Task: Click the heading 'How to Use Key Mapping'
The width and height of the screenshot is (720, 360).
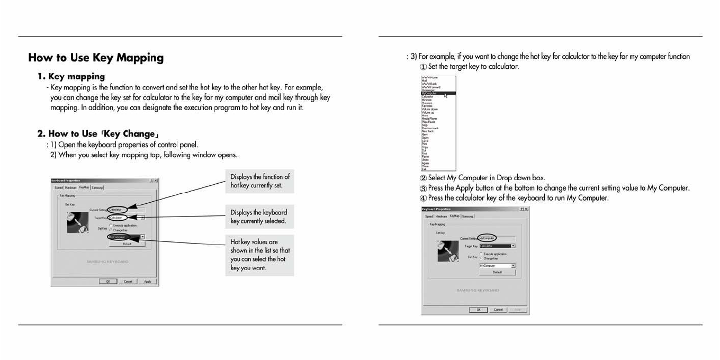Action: click(x=96, y=58)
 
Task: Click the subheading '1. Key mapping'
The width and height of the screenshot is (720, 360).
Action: click(x=71, y=76)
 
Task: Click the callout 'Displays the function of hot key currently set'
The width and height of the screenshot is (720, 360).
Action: click(x=259, y=181)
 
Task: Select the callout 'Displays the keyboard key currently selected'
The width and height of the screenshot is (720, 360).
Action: click(x=259, y=217)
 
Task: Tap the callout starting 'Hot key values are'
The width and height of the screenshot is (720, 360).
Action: click(x=259, y=255)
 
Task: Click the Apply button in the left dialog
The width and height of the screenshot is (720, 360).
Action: click(x=147, y=281)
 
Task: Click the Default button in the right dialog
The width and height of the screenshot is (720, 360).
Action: click(x=497, y=272)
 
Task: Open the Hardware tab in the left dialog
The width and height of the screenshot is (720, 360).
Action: click(x=71, y=187)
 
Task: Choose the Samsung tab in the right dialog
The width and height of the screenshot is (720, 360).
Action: click(x=467, y=216)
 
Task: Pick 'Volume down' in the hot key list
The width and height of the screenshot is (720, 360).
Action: click(x=429, y=109)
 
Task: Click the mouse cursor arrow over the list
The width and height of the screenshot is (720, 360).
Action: click(x=446, y=95)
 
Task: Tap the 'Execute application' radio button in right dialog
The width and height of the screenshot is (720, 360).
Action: click(x=481, y=254)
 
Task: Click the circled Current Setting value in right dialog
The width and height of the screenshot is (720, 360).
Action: click(x=487, y=238)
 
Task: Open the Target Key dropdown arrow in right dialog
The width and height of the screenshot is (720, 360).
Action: click(x=513, y=246)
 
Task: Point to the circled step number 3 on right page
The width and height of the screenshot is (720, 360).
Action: click(x=423, y=188)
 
